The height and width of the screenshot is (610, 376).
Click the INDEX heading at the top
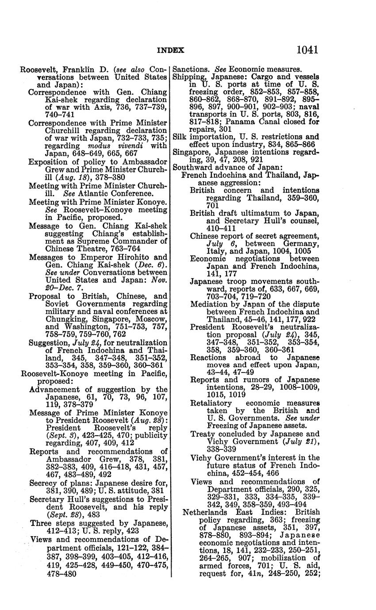pos(170,50)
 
